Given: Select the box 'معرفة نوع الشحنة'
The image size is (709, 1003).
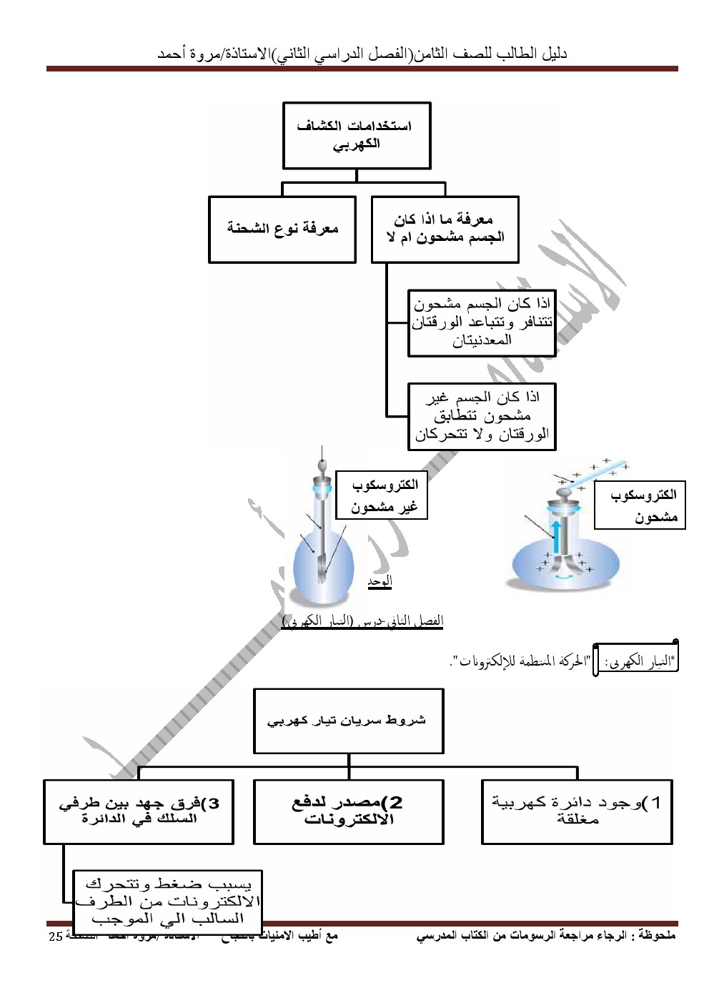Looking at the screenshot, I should coord(282,229).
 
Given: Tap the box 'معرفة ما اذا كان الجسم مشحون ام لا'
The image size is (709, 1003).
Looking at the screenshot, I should coord(445,229).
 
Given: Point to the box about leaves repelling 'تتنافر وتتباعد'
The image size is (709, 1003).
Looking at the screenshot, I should coord(482,322).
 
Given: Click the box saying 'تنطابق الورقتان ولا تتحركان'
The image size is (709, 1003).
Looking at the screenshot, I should coord(482,415).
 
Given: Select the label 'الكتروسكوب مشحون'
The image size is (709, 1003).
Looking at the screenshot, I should coord(640,505).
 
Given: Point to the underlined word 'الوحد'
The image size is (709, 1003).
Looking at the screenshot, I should coord(380,582).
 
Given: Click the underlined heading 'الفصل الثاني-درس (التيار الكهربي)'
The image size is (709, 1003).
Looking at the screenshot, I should coord(363,621).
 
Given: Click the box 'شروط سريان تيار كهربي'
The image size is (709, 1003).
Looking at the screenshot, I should coord(349,721).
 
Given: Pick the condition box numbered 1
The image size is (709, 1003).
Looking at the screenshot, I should coord(577,811).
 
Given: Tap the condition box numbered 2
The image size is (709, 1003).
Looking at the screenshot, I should coord(349,811).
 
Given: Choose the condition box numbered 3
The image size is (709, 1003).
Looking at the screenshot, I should coord(139,811).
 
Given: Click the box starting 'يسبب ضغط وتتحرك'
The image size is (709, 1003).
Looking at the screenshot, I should coord(169,901).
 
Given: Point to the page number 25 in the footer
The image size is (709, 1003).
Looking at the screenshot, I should coord(55,937).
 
